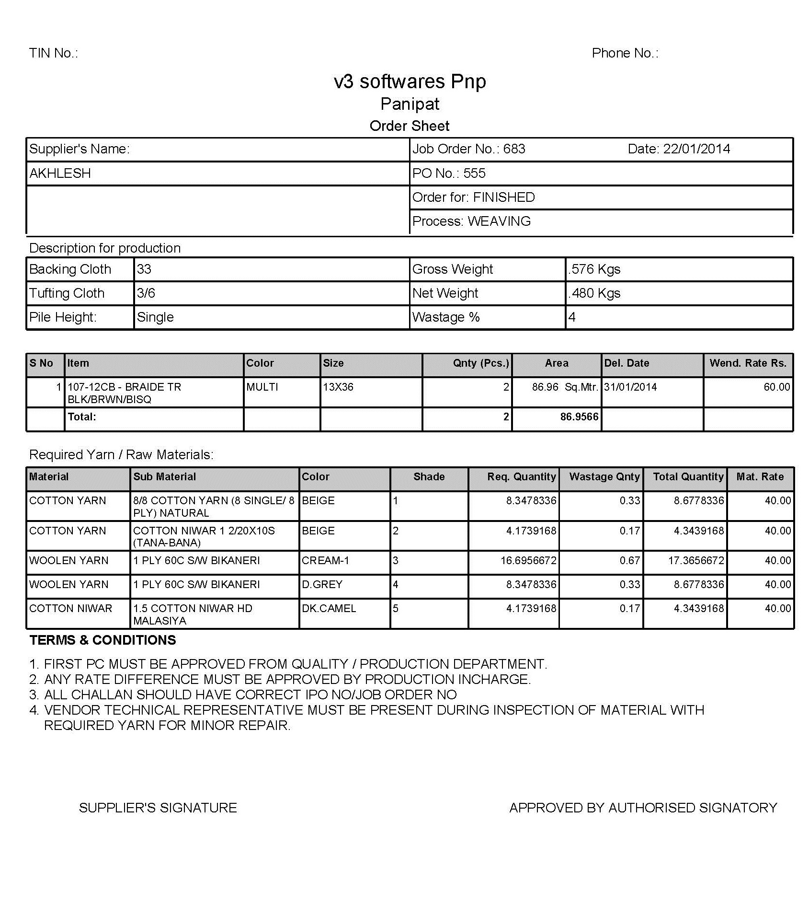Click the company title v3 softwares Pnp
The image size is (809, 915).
click(x=410, y=81)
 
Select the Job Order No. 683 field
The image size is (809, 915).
click(x=468, y=149)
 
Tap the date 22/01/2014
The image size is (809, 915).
click(x=678, y=149)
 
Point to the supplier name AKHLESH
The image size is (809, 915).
click(x=60, y=174)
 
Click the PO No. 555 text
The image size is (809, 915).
click(x=448, y=174)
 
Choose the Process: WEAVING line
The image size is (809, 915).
click(x=471, y=221)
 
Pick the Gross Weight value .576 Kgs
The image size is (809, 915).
click(x=594, y=269)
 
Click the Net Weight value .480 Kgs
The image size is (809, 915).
click(x=594, y=293)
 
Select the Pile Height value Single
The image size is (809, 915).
click(x=155, y=317)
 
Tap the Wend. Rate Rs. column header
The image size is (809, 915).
click(x=748, y=363)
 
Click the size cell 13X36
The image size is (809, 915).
click(x=338, y=387)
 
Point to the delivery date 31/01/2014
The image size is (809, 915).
click(x=630, y=387)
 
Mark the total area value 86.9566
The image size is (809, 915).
click(x=579, y=417)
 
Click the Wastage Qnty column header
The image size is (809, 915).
click(x=604, y=477)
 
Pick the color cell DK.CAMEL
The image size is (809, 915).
click(x=329, y=609)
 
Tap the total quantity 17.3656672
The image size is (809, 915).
click(x=696, y=561)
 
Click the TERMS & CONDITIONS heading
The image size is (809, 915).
click(x=103, y=640)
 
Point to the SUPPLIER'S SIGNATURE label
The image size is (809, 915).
click(x=158, y=808)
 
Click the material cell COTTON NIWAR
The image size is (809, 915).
click(x=70, y=609)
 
